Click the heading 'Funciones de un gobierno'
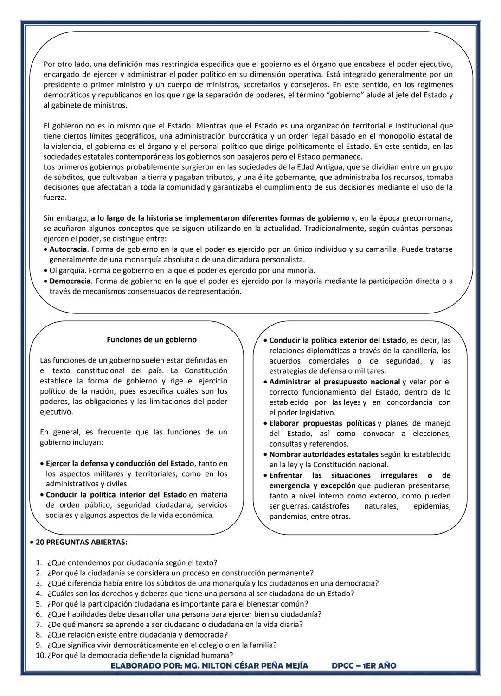coord(152,340)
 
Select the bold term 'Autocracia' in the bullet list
coord(68,249)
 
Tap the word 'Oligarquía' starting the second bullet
coord(68,270)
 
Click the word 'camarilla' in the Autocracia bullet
coord(380,249)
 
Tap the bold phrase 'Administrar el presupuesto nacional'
coord(334,382)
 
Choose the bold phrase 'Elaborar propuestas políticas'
coord(322,423)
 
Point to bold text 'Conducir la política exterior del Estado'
coord(337,340)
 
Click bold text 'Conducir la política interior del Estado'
coord(116,495)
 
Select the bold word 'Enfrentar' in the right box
coord(286,475)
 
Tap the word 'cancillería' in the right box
coord(414,351)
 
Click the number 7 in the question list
coord(39,625)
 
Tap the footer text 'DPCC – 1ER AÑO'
coord(364,666)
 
